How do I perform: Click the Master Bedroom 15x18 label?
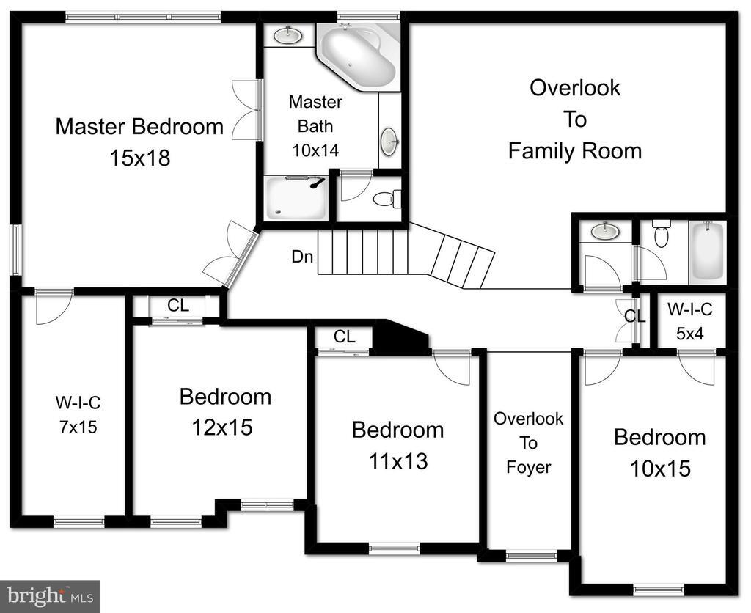point(139,142)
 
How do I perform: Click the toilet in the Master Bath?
point(386,198)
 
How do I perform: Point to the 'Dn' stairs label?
point(302,257)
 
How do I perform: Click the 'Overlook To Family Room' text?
point(575,119)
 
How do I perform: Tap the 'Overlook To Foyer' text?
point(528,442)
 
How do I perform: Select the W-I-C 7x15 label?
point(78,414)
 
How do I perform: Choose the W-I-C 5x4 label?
point(689,321)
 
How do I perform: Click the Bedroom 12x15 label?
point(225,411)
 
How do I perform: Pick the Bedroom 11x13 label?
point(398,444)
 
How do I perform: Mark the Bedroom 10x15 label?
point(659,452)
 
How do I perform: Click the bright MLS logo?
point(50,596)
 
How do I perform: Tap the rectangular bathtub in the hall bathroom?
point(706,250)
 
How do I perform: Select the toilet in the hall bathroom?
point(661,235)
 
